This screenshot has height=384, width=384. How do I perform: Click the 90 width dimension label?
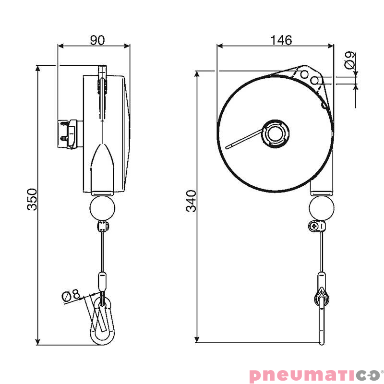tap(97, 40)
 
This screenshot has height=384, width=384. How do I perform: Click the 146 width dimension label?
tap(281, 40)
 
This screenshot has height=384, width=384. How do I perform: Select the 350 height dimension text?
tap(32, 199)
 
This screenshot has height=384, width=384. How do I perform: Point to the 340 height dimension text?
tap(191, 202)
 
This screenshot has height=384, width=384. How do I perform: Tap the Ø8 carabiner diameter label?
tap(72, 295)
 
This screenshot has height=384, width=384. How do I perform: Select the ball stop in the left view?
tap(102, 208)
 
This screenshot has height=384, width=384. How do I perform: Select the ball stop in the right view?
tap(321, 208)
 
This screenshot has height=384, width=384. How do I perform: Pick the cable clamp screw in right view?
tap(315, 225)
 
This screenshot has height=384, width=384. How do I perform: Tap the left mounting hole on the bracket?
tap(303, 74)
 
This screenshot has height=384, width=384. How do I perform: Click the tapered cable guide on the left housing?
tap(102, 166)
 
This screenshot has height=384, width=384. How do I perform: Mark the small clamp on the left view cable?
tap(102, 227)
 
